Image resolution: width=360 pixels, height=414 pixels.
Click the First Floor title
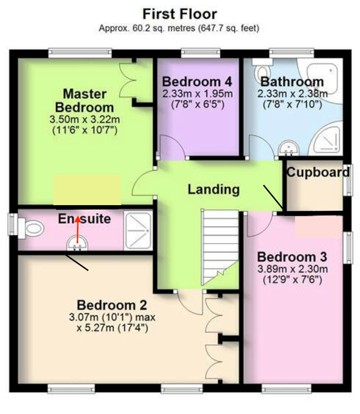tap(180, 14)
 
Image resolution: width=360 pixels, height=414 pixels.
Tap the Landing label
tap(213, 189)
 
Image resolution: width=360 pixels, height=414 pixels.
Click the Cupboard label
tap(318, 173)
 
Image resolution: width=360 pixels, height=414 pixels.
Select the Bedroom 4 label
tap(197, 82)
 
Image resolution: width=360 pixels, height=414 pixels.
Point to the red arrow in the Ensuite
tap(77, 229)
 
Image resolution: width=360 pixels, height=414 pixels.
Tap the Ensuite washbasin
tap(77, 244)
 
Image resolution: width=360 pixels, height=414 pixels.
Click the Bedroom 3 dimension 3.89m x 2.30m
tap(292, 269)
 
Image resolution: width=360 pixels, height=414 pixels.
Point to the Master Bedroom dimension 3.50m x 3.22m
tap(85, 120)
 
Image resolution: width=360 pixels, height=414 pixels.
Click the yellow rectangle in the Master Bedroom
tap(87, 190)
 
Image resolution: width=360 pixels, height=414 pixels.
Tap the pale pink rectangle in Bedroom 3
tap(319, 226)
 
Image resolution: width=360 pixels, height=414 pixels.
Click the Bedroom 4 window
tap(200, 53)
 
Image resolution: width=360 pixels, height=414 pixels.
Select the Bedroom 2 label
tap(112, 305)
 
